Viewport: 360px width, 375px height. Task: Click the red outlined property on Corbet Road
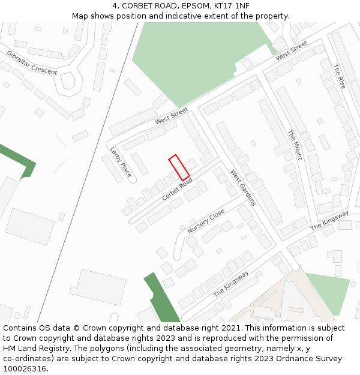coord(179,167)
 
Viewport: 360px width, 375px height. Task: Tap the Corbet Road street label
coord(177,188)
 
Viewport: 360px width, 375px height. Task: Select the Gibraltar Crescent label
coord(32,62)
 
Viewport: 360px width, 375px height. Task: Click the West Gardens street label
coord(243,187)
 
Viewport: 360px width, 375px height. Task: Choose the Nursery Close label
coord(206,221)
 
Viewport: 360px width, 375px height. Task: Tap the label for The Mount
coord(295,145)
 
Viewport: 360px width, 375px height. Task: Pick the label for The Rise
coord(339,77)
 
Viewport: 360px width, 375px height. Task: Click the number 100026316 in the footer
coord(25,368)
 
